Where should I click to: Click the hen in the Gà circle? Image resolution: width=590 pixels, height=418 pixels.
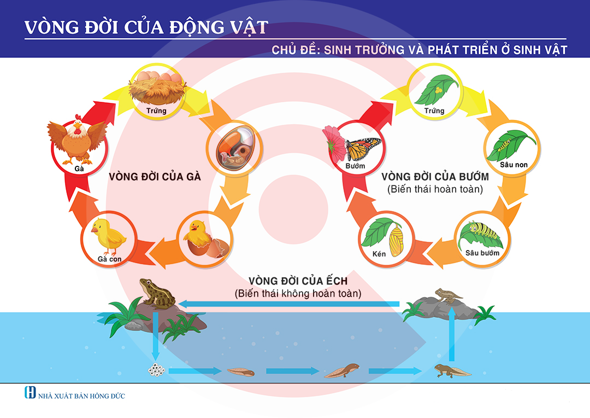pos(77,140)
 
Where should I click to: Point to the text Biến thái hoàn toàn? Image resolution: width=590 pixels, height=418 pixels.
pos(435,190)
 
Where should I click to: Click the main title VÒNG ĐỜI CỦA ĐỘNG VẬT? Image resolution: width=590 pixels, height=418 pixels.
pos(146,27)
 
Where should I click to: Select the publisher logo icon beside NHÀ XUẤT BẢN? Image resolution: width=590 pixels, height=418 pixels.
pos(30,393)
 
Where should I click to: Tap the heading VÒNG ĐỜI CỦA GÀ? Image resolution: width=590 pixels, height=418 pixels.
pos(155,177)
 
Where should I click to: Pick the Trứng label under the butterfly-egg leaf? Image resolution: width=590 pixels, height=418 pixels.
pos(434,111)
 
